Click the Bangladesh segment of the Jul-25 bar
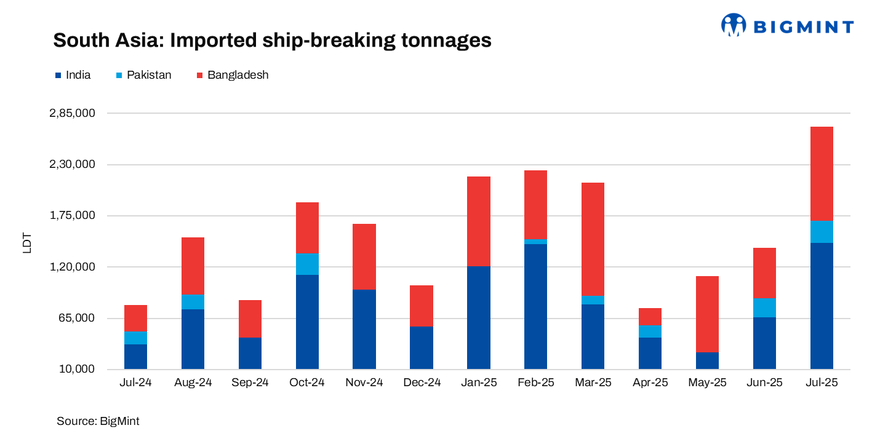pyautogui.click(x=822, y=173)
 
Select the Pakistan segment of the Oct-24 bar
pyautogui.click(x=307, y=264)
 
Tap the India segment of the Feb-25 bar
pyautogui.click(x=535, y=306)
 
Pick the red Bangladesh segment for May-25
pyautogui.click(x=707, y=314)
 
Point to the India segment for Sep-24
pyautogui.click(x=250, y=353)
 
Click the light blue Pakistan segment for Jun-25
pyautogui.click(x=764, y=307)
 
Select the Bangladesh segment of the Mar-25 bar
pyautogui.click(x=593, y=239)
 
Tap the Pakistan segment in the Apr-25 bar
pyautogui.click(x=650, y=331)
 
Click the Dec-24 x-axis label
pyautogui.click(x=422, y=382)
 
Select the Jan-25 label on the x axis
pyautogui.click(x=479, y=382)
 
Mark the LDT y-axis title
pyautogui.click(x=27, y=242)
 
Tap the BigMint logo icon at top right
pyautogui.click(x=733, y=25)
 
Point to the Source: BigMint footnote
pyautogui.click(x=98, y=421)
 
